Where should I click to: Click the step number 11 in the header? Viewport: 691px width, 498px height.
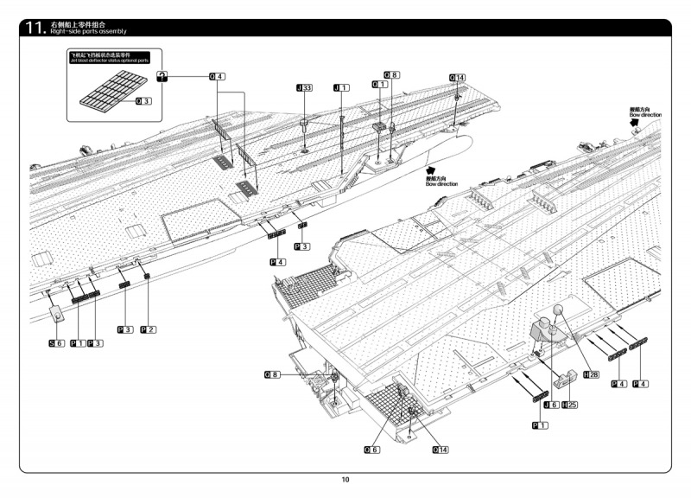click(x=35, y=28)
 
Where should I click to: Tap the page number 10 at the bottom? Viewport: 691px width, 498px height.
click(x=345, y=480)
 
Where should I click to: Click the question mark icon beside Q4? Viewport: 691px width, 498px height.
click(x=162, y=77)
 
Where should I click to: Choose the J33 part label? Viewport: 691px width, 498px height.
click(x=304, y=88)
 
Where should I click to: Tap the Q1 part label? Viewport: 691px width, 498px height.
click(x=377, y=84)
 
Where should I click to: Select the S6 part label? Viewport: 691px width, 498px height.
click(x=56, y=343)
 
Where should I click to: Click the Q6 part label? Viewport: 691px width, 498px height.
click(x=371, y=450)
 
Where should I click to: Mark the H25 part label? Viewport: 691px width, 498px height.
click(x=570, y=405)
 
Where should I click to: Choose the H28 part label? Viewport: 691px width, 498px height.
click(x=593, y=374)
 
